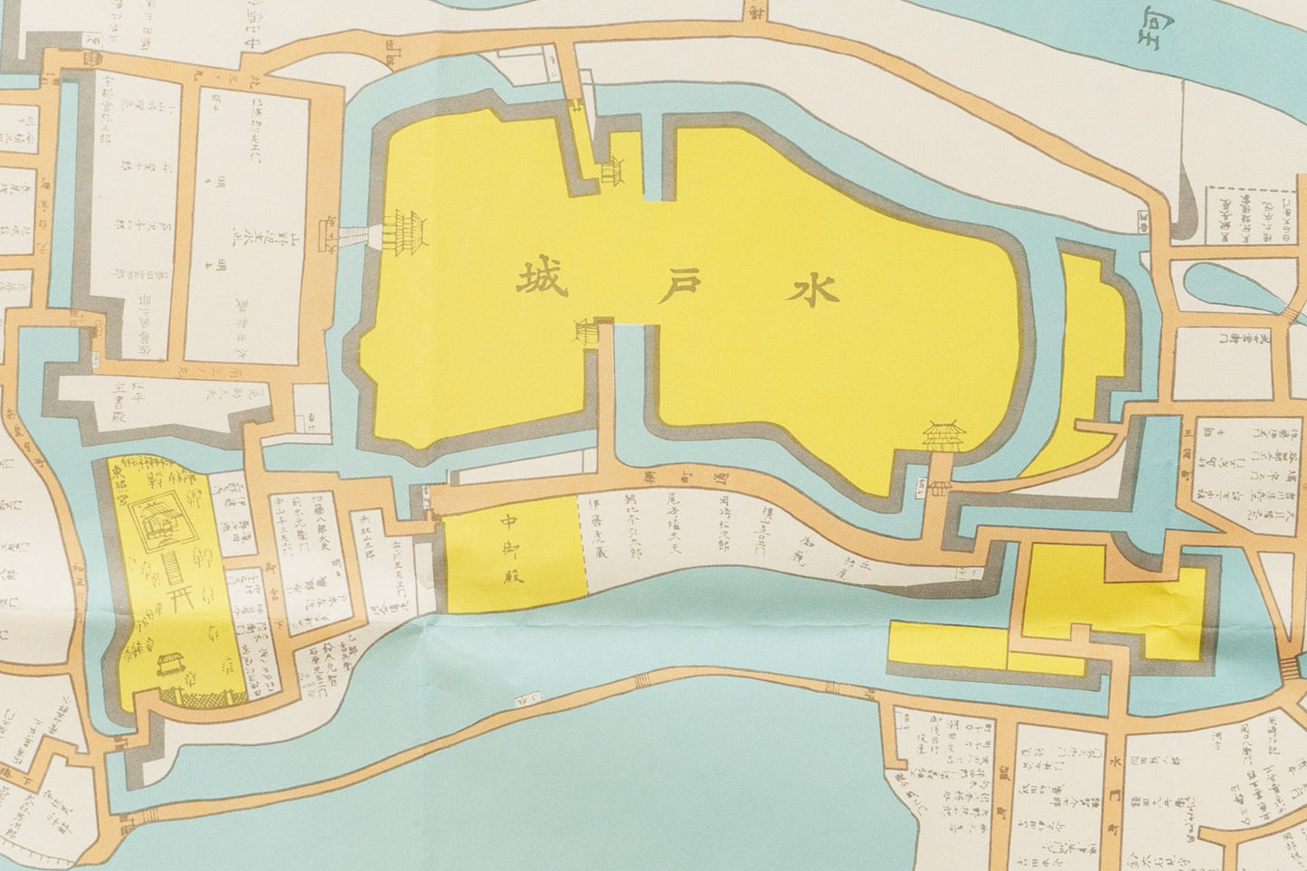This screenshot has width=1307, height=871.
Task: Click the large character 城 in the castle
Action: [541, 281]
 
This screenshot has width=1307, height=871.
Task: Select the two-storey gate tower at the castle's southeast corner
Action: [945, 438]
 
